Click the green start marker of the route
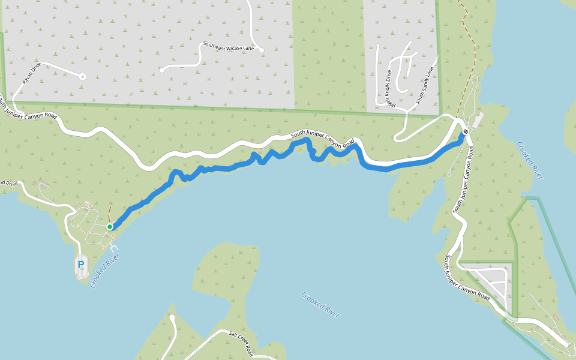[110, 227]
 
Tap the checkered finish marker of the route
[466, 132]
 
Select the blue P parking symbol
[81, 265]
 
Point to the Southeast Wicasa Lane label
[229, 46]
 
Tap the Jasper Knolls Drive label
[389, 89]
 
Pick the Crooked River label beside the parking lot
[105, 271]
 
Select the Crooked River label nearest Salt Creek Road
[320, 305]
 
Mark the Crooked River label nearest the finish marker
[530, 160]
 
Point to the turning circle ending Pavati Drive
[82, 77]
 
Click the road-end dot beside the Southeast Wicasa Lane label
[262, 50]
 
